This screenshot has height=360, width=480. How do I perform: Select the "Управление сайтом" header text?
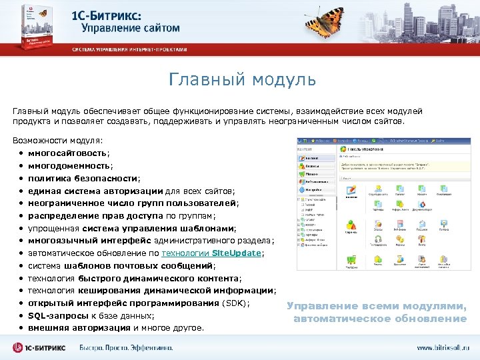[x=131, y=28]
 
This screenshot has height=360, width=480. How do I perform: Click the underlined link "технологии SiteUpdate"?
[x=212, y=253]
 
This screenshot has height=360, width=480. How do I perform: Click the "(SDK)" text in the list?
[x=235, y=303]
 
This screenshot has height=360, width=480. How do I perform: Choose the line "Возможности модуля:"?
[x=58, y=141]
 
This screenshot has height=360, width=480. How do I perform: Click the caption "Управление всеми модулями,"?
[x=377, y=306]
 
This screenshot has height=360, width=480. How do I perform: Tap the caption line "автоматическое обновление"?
[x=380, y=319]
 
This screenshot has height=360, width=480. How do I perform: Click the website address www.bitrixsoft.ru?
[x=443, y=348]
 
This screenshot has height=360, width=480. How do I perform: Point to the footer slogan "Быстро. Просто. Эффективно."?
[x=126, y=348]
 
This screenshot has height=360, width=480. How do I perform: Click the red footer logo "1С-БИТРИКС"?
[x=41, y=348]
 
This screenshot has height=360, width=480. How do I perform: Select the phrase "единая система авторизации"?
[x=95, y=191]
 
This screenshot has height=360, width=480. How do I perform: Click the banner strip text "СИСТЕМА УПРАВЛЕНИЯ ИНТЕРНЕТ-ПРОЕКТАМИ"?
[x=130, y=49]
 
